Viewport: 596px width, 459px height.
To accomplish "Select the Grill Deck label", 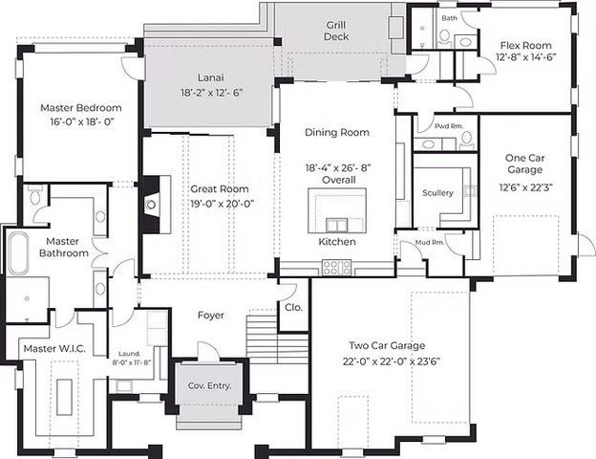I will point(335,30).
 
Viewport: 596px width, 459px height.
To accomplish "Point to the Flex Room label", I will point(525,44).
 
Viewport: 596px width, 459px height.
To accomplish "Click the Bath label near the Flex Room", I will point(449,18).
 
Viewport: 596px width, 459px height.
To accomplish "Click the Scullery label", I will point(437,193).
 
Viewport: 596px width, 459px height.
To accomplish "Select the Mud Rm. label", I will point(431,242).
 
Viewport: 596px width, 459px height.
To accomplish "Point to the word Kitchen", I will point(337,243).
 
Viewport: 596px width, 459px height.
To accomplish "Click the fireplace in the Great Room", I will point(149,205).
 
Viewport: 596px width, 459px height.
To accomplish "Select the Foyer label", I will point(211,316).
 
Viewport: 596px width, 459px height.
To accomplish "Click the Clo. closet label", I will point(293,308).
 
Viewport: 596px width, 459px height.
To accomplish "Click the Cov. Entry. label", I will point(208,386).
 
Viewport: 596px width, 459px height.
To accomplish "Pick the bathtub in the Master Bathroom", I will point(19,251).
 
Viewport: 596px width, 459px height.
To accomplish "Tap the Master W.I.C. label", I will point(54,349).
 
